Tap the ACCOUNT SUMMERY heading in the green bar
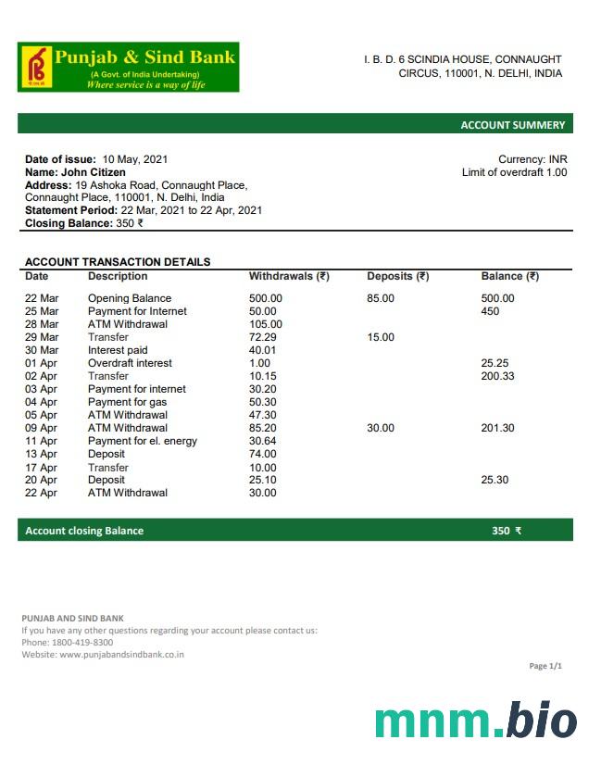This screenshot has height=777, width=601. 512,125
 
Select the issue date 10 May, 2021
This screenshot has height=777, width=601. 135,159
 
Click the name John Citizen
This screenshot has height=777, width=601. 94,172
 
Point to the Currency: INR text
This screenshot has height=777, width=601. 532,159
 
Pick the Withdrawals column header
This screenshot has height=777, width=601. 289,276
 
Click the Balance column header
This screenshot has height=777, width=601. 509,276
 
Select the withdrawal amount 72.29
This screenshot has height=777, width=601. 263,337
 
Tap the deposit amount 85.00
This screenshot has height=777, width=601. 381,298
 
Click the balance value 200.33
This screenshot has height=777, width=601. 498,376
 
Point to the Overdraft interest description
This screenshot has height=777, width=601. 130,363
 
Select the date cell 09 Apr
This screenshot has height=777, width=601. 42,428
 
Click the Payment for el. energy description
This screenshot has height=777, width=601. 143,441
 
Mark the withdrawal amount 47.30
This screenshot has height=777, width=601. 263,415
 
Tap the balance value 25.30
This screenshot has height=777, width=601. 495,480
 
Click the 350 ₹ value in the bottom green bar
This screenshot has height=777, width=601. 507,531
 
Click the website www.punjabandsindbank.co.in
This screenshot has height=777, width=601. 121,655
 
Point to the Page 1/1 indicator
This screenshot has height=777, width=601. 545,666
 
